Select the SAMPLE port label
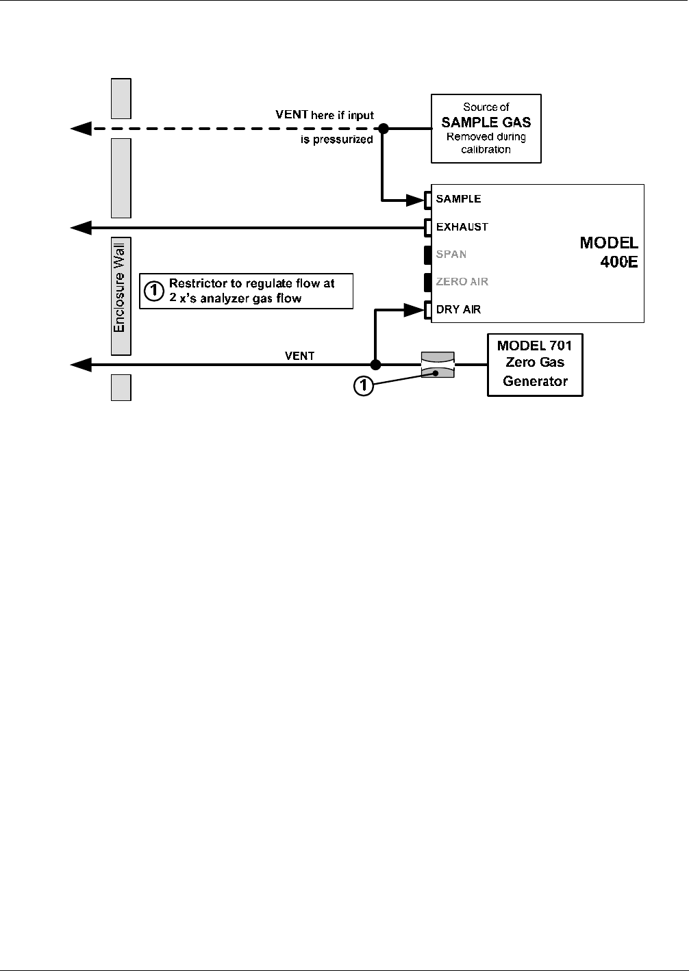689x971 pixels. click(x=458, y=199)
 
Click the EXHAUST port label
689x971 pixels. click(x=462, y=226)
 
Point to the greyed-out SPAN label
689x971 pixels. click(x=451, y=254)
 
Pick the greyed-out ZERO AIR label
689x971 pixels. click(x=462, y=282)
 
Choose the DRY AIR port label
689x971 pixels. click(x=458, y=309)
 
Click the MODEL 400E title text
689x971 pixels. click(x=609, y=252)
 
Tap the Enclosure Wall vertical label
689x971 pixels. click(x=119, y=287)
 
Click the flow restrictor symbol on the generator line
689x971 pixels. click(x=438, y=365)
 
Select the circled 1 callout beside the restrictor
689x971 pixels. click(x=364, y=385)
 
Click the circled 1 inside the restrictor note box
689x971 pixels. click(x=153, y=290)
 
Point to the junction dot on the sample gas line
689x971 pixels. click(x=383, y=129)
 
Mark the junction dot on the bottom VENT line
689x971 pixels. click(x=376, y=365)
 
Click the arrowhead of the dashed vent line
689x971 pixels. click(x=81, y=129)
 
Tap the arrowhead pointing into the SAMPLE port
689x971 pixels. click(x=415, y=200)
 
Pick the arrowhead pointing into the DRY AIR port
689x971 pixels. click(x=414, y=310)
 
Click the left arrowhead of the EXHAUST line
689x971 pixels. click(x=81, y=228)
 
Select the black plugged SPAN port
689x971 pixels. click(x=428, y=255)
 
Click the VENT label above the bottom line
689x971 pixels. click(x=299, y=356)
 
